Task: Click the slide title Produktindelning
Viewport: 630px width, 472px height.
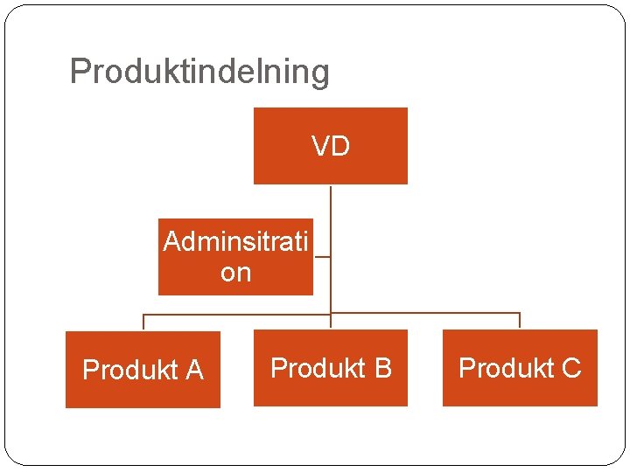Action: coord(199,72)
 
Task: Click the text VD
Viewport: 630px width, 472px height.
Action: coord(331,146)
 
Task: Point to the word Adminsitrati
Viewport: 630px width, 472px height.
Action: coord(235,241)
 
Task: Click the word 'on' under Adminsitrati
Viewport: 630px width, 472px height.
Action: coord(235,273)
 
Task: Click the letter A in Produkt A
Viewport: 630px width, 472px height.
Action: coord(194,371)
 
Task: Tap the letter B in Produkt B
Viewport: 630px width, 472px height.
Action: coord(382,368)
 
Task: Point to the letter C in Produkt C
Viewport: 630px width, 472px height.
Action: coord(570,368)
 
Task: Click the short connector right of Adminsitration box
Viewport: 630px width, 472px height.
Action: coord(321,258)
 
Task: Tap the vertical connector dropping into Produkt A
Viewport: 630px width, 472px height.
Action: coord(143,321)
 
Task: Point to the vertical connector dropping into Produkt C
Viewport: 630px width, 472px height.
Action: coord(520,320)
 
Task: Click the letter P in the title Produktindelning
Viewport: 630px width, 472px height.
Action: coord(79,72)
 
